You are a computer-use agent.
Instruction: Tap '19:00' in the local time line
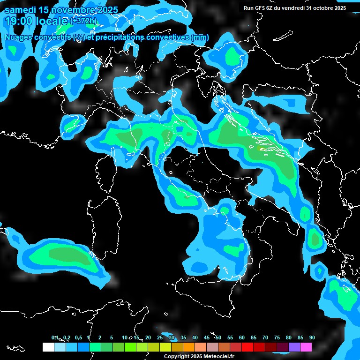pyautogui.click(x=18, y=21)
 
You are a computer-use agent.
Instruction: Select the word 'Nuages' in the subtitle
pyautogui.click(x=19, y=37)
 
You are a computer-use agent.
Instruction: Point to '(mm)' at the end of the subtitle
pyautogui.click(x=200, y=37)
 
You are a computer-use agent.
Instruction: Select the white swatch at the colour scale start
pyautogui.click(x=48, y=347)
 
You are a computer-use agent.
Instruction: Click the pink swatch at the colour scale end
pyautogui.click(x=306, y=347)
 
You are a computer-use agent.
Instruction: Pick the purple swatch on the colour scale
pyautogui.click(x=294, y=347)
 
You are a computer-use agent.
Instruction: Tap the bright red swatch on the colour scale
pyautogui.click(x=247, y=347)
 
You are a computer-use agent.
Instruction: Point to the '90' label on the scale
pyautogui.click(x=312, y=337)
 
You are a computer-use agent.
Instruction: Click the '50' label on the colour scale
pyautogui.click(x=218, y=337)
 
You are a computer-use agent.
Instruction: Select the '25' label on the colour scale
pyautogui.click(x=160, y=337)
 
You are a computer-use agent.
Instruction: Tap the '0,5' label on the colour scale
pyautogui.click(x=78, y=337)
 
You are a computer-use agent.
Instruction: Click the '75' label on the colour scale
pyautogui.click(x=277, y=337)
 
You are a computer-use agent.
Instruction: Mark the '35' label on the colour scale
pyautogui.click(x=183, y=337)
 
